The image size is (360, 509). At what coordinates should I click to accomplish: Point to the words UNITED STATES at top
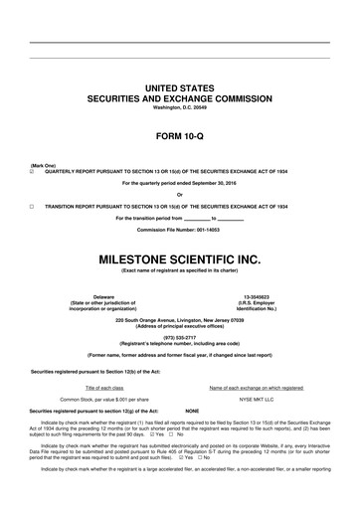180,89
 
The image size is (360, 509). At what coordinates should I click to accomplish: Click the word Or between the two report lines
180,194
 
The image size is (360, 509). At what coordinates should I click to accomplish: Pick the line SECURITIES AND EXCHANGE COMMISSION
180,99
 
